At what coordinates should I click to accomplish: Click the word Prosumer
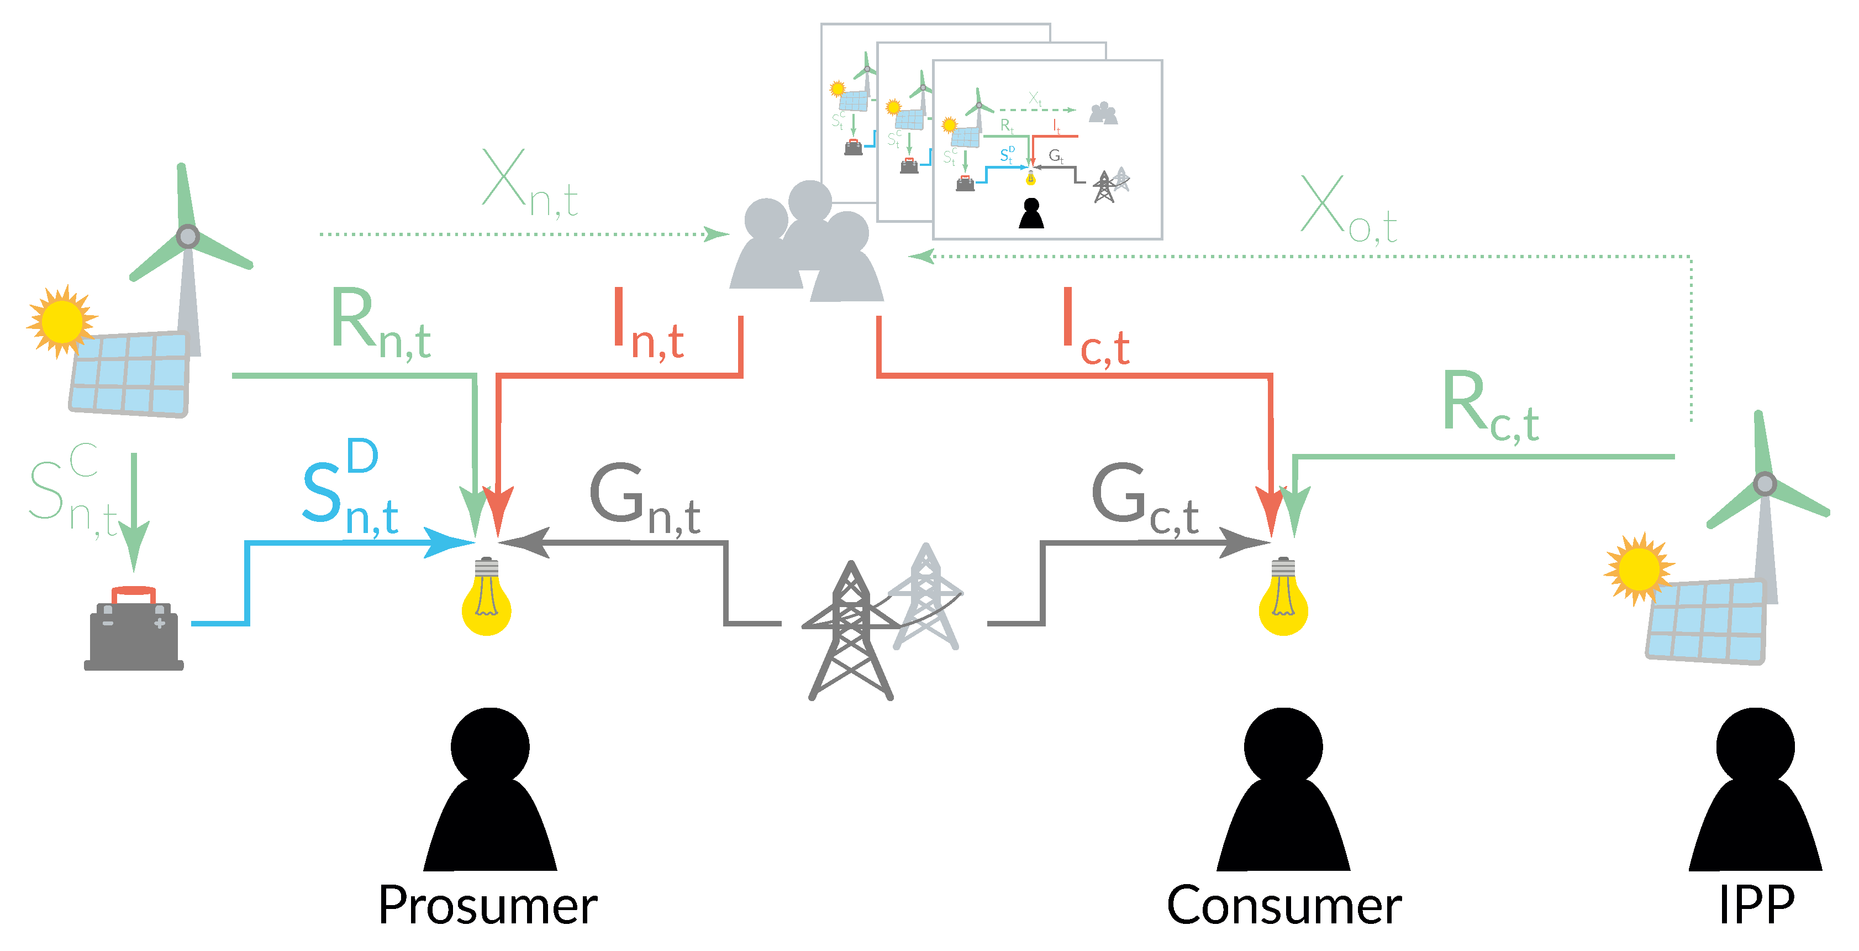pyautogui.click(x=488, y=906)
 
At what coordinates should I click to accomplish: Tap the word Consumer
pyautogui.click(x=1284, y=906)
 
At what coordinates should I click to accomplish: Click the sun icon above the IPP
pyautogui.click(x=1637, y=568)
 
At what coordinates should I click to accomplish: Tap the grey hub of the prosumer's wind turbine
pyautogui.click(x=188, y=236)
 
